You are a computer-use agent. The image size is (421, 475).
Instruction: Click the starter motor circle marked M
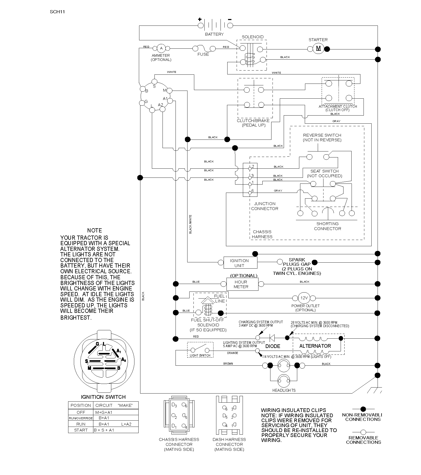point(318,49)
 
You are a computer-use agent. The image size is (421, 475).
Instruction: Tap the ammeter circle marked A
point(161,48)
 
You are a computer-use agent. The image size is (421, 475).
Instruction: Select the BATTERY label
point(214,34)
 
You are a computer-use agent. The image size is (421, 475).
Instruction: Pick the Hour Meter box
point(242,284)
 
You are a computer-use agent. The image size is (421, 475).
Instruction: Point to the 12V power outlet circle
point(304,298)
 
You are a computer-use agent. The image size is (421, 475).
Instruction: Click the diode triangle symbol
point(272,338)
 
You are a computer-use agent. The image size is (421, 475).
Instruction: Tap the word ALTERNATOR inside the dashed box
point(315,346)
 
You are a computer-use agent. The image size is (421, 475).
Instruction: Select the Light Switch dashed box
point(200,350)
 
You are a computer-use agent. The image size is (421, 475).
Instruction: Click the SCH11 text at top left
point(57,12)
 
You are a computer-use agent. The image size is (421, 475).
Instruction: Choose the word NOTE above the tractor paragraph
point(95,230)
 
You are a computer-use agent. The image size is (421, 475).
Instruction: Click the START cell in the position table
point(81,430)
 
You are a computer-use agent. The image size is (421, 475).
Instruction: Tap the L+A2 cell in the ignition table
point(126,424)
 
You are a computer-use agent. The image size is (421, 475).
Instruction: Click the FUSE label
point(203,54)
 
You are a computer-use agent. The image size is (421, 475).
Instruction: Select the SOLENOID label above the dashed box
point(252,37)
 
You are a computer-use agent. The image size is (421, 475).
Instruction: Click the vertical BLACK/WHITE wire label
point(190,224)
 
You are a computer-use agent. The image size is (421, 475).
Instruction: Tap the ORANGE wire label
point(232,353)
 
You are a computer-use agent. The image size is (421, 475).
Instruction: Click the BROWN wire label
point(228,364)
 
